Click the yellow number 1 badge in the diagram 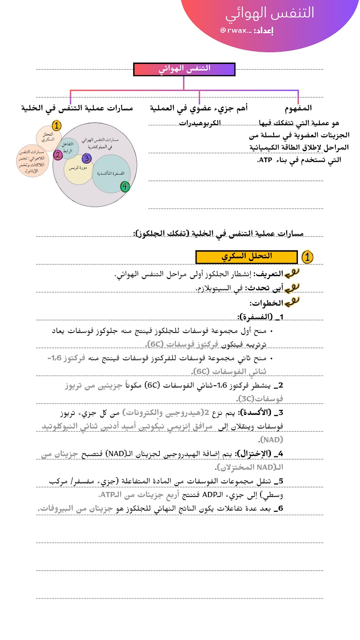click(57, 126)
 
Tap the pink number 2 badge click(58, 155)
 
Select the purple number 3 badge click(87, 158)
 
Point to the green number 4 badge click(126, 186)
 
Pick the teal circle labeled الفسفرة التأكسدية click(111, 174)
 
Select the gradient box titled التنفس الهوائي click(184, 69)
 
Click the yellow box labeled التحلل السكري click(247, 257)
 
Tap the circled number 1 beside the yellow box click(307, 257)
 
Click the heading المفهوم click(298, 108)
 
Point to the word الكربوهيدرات click(199, 122)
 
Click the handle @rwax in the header click(234, 31)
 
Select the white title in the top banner click(270, 13)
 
